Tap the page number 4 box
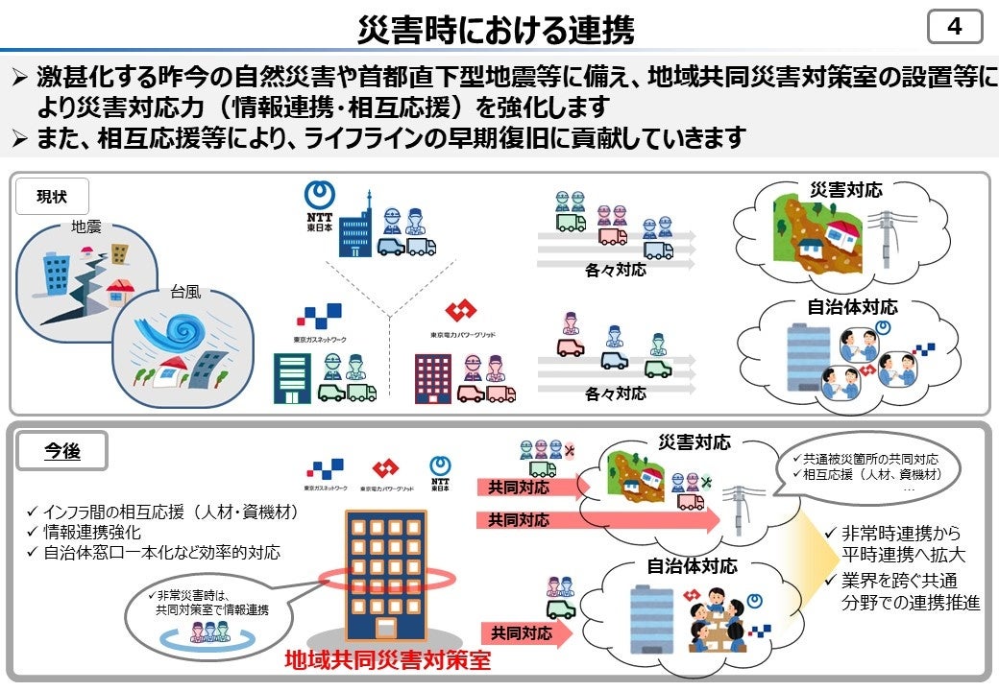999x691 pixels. tap(954, 27)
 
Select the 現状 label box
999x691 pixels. tap(53, 197)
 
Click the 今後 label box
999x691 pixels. tap(62, 450)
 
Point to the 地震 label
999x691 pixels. tap(86, 227)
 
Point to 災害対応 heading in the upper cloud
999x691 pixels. tap(846, 190)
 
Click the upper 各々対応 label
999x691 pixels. tap(615, 270)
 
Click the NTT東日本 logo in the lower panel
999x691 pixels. tap(440, 471)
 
